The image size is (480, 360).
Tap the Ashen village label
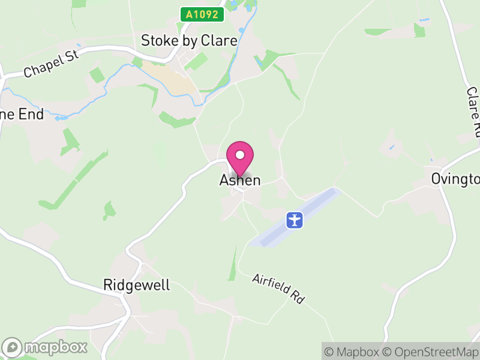click(240, 180)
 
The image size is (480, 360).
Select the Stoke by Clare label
click(189, 40)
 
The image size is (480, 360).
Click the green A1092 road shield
click(202, 14)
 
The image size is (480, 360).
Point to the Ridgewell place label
click(137, 284)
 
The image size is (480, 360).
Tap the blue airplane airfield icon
click(295, 220)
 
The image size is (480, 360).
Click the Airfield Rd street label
click(278, 287)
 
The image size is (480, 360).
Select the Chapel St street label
click(52, 64)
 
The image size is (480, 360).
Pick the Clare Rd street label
click(473, 111)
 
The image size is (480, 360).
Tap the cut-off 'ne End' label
click(22, 114)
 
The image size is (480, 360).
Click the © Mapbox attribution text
click(353, 352)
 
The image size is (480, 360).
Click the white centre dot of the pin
click(240, 155)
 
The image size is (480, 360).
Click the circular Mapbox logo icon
click(13, 347)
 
